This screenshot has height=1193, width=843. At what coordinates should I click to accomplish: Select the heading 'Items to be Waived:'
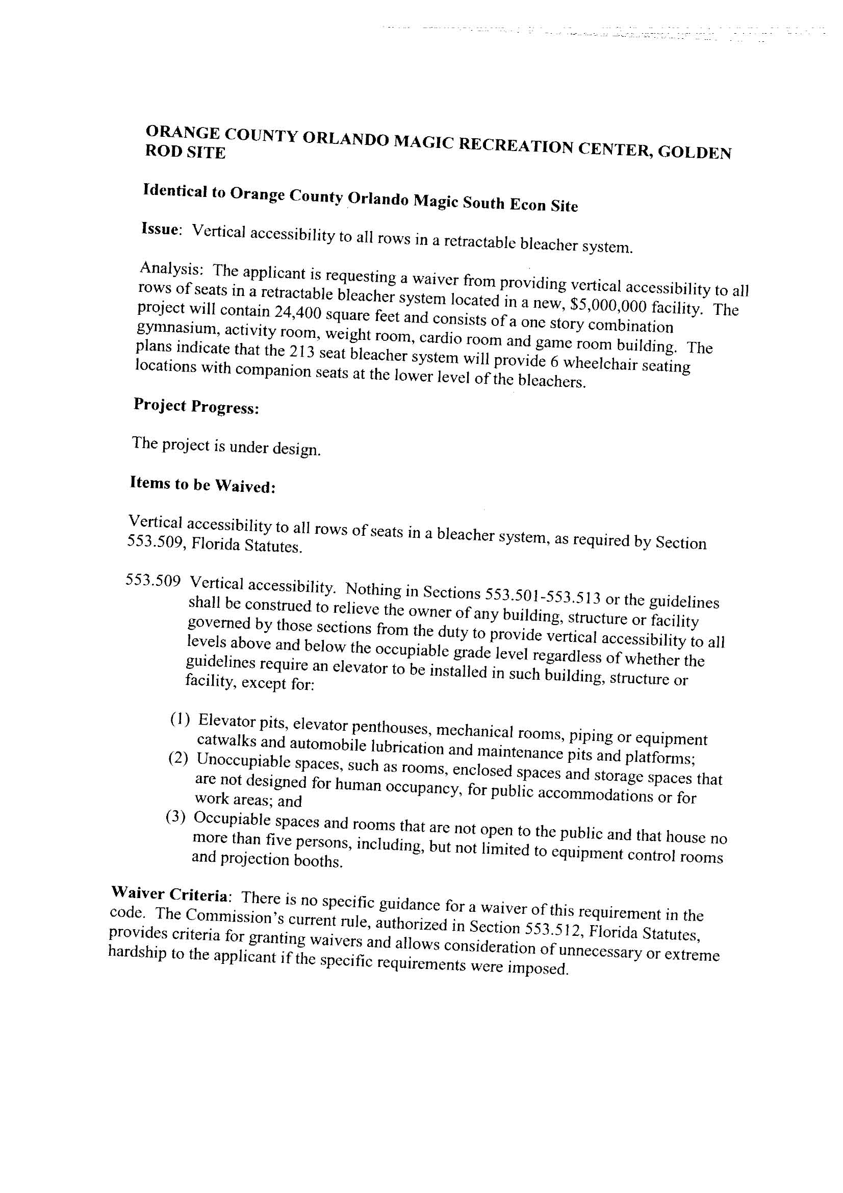202,485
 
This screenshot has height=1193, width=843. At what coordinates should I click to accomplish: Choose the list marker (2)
178,759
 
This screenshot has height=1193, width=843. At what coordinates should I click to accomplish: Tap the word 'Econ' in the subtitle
527,205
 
